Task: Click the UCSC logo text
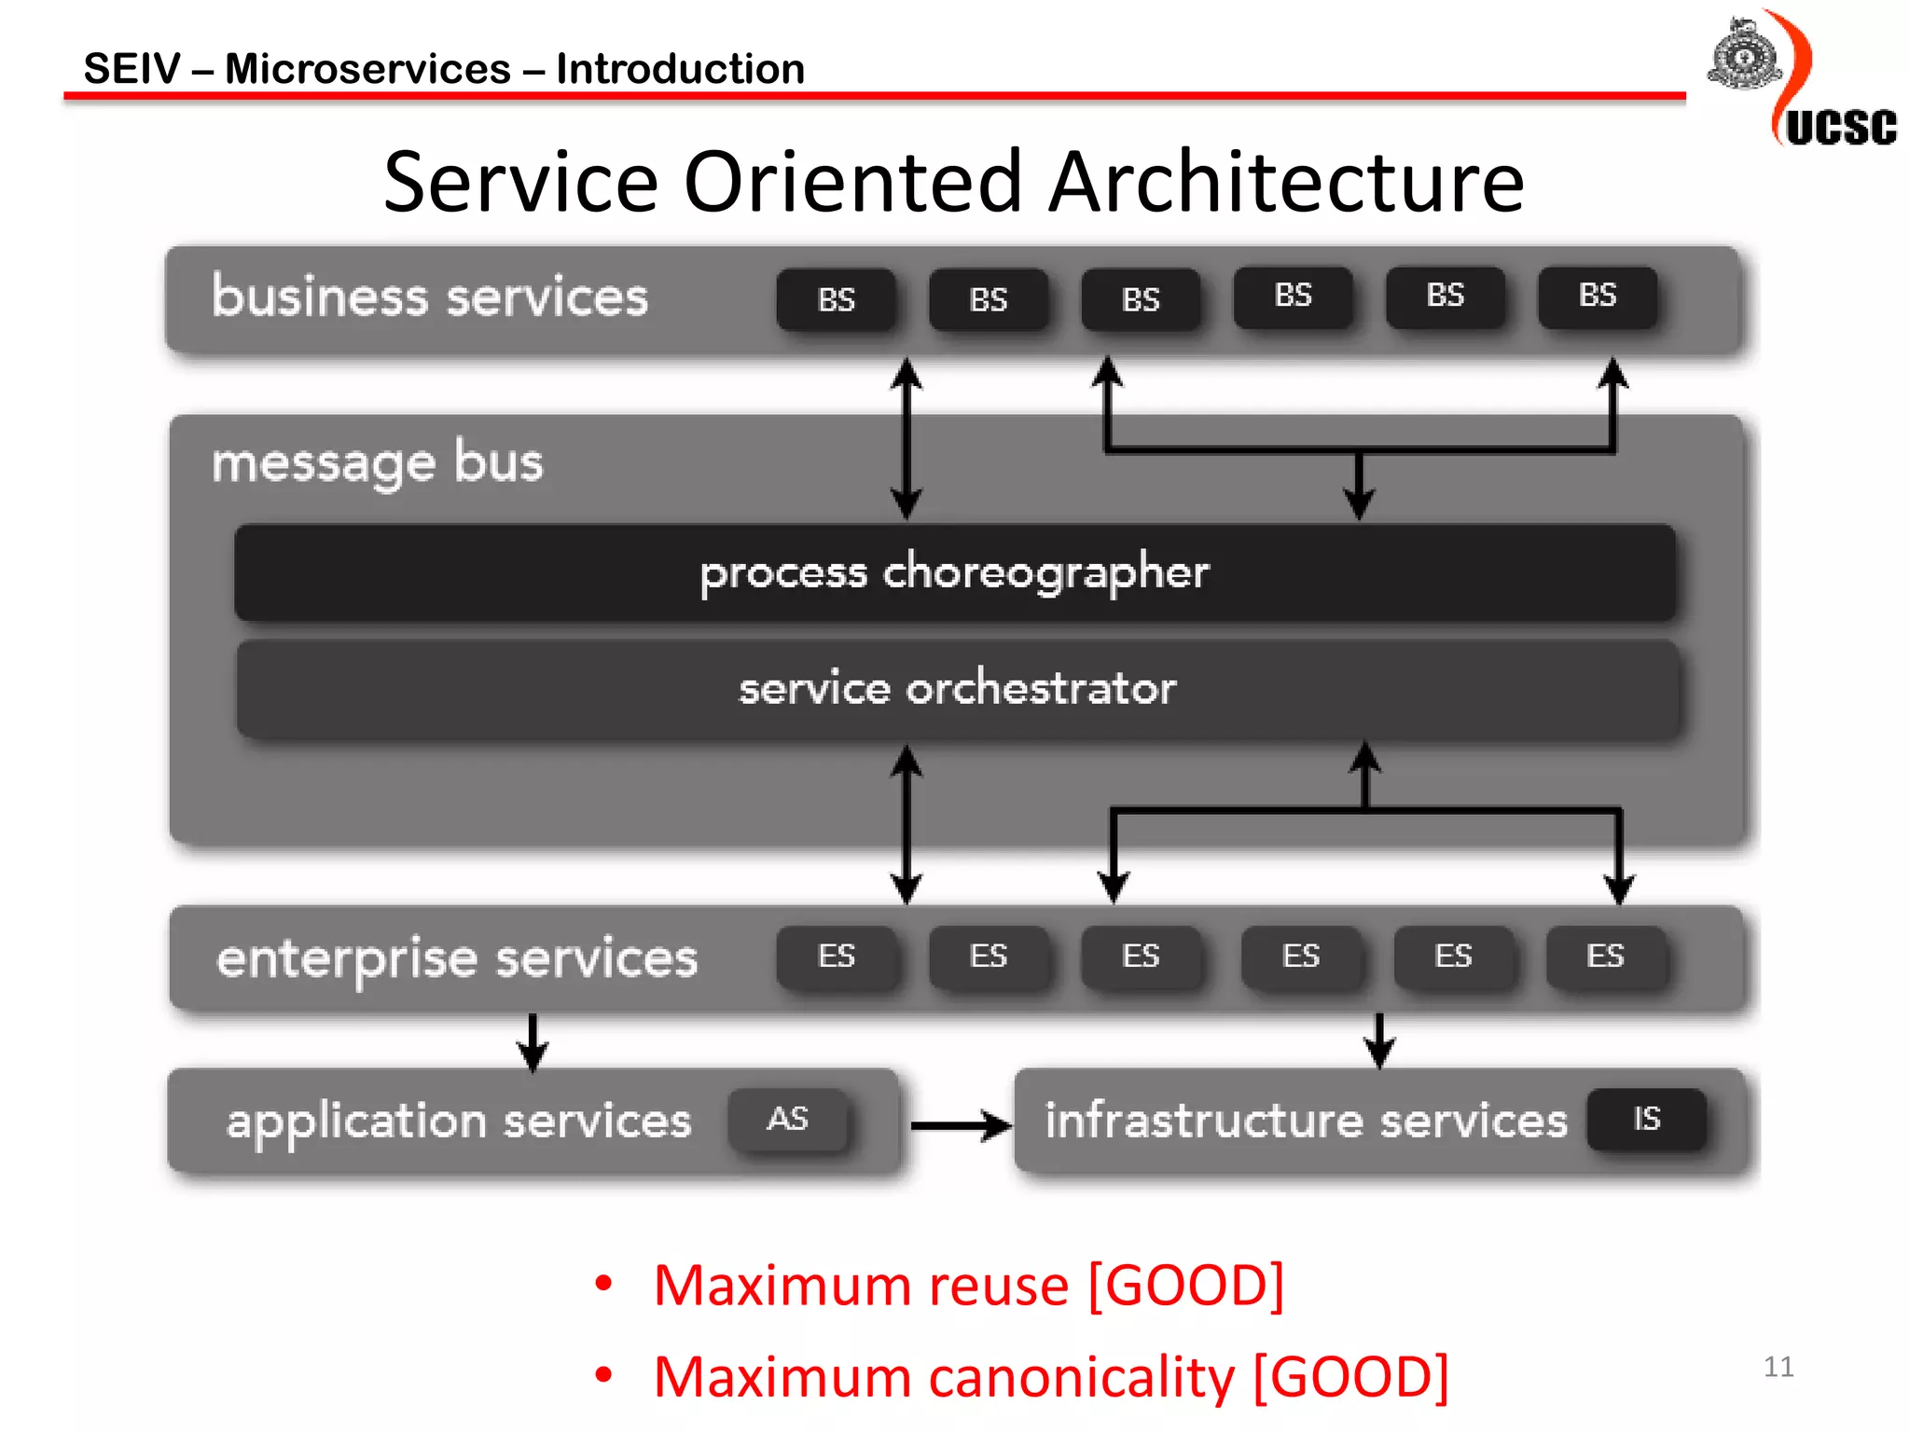click(x=1841, y=128)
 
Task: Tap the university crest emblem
click(x=1742, y=56)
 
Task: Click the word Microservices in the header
click(x=367, y=69)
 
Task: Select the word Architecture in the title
click(x=1286, y=182)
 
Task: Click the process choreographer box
click(x=955, y=572)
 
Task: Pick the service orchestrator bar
click(x=957, y=689)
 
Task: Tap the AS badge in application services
click(x=788, y=1119)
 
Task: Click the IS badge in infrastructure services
click(x=1646, y=1119)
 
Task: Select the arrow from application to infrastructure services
click(x=960, y=1125)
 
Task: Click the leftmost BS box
click(x=836, y=299)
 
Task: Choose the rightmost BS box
click(x=1597, y=296)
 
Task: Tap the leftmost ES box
click(x=836, y=957)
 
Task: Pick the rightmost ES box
click(x=1604, y=957)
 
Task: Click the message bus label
click(x=377, y=463)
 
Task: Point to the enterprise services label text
click(x=457, y=959)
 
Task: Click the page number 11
click(x=1778, y=1367)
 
